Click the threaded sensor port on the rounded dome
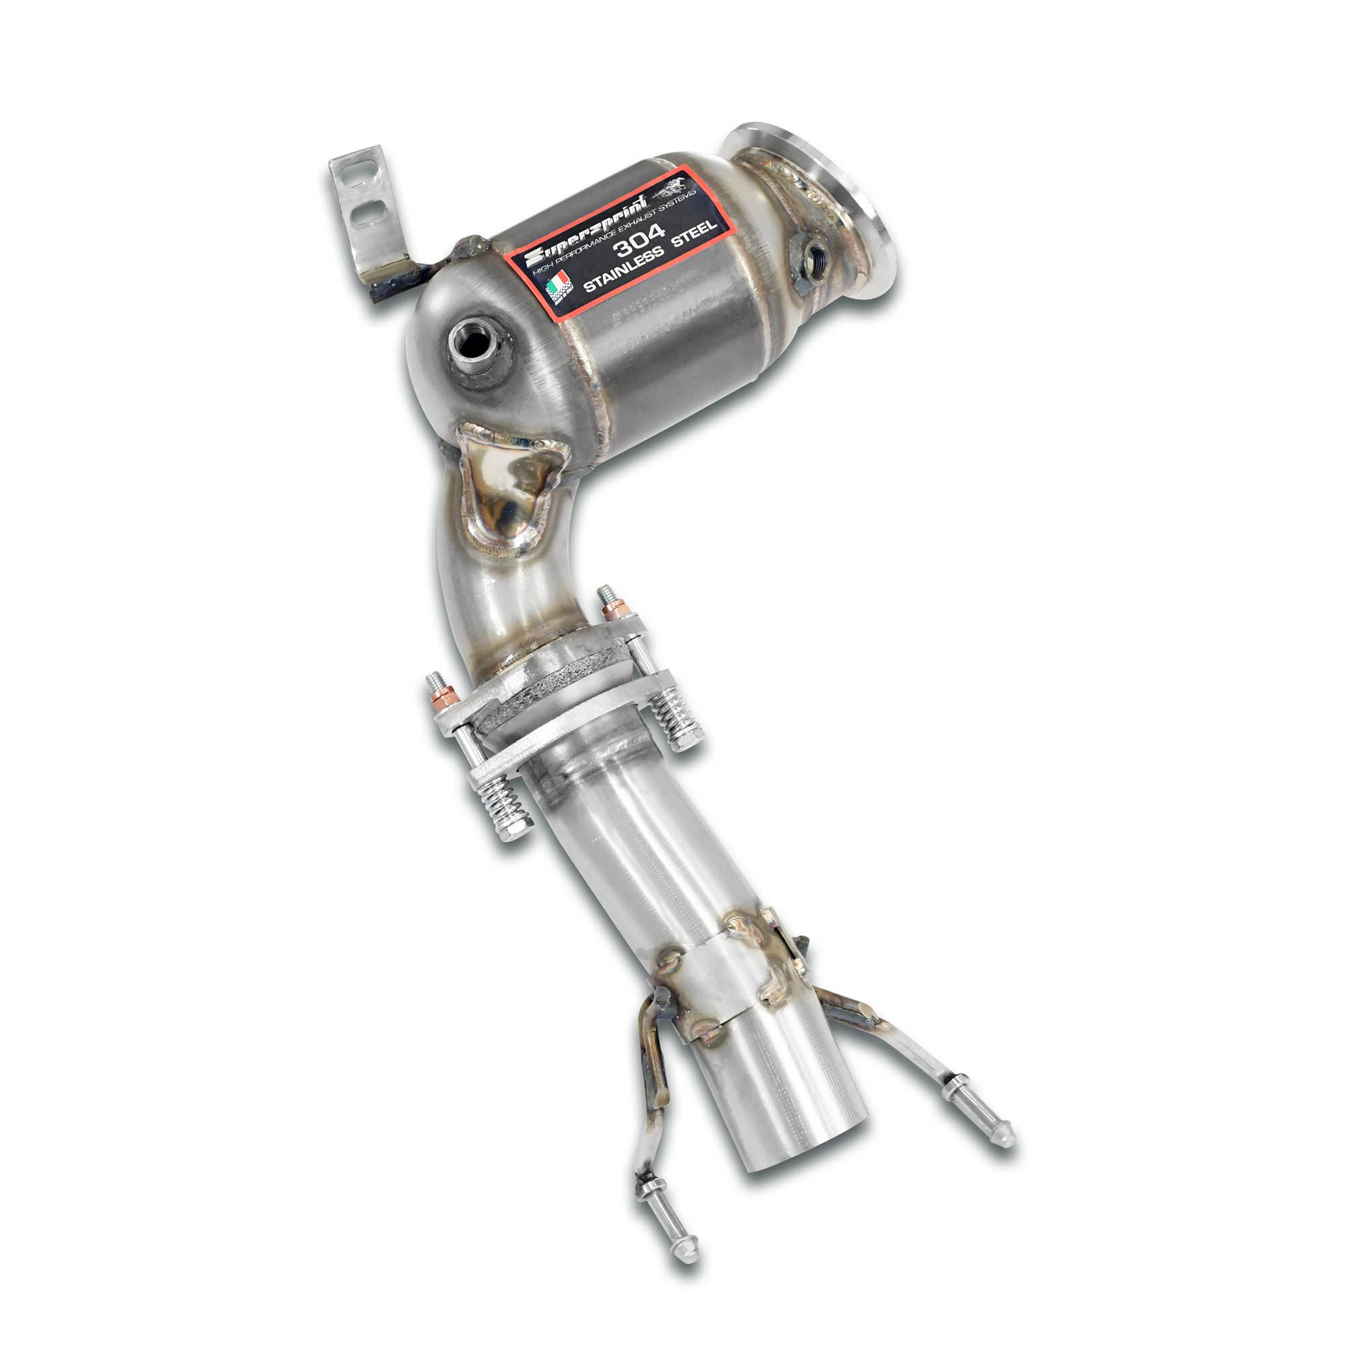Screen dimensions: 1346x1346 [473, 340]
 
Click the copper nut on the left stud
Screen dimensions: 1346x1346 [443, 694]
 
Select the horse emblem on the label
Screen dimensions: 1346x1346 [670, 188]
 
